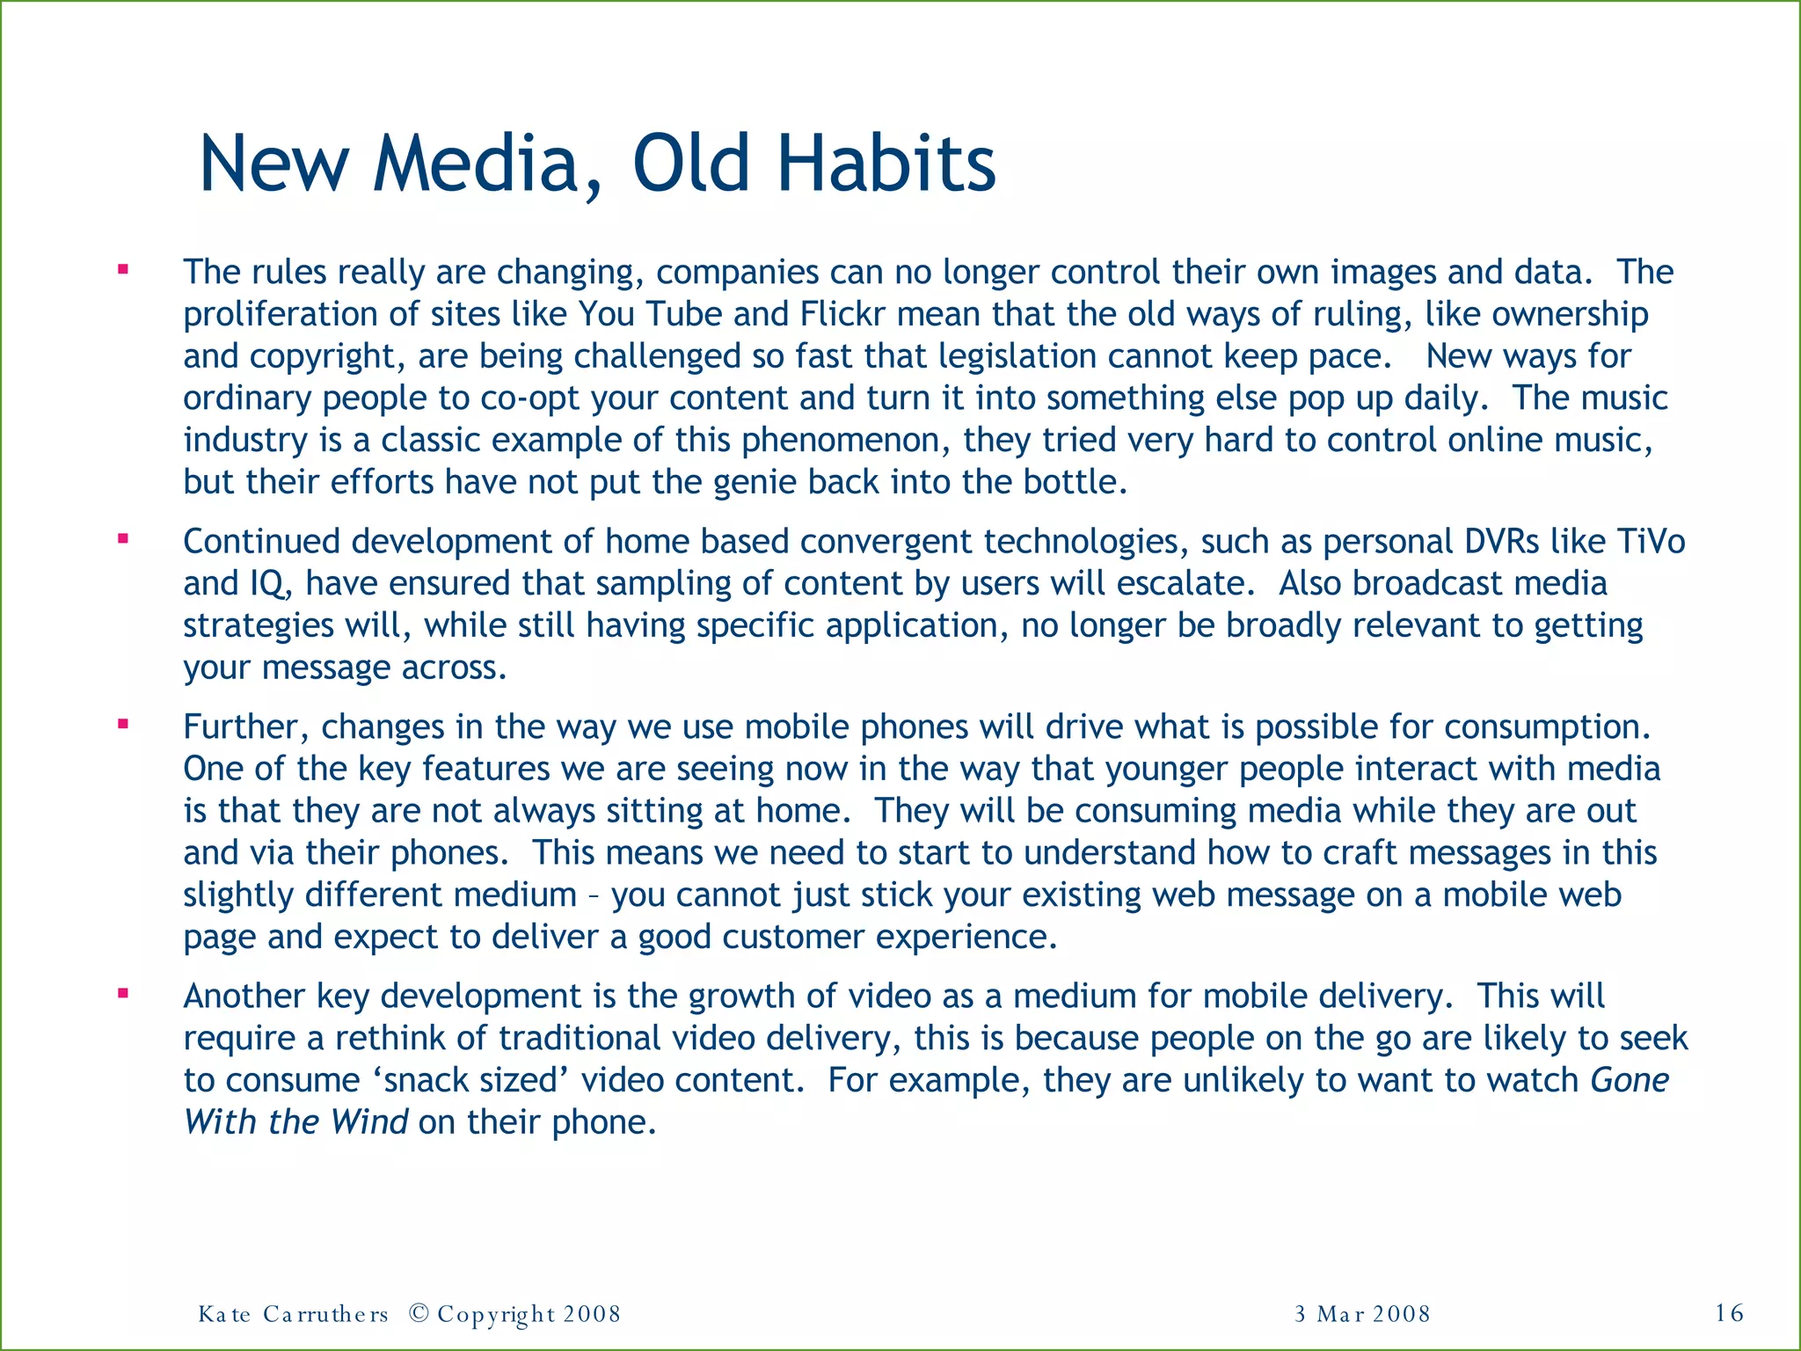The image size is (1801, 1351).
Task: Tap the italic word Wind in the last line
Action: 369,1122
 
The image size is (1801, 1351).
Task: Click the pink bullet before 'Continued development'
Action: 123,539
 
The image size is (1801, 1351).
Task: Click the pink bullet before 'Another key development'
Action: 123,994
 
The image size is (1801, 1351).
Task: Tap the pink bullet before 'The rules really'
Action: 123,270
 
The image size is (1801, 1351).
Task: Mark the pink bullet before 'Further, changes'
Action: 123,725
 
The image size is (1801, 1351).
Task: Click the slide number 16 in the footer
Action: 1729,1313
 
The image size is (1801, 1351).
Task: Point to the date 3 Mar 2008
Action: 1362,1314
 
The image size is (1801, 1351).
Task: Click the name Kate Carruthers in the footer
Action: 293,1314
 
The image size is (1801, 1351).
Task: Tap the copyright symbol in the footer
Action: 419,1313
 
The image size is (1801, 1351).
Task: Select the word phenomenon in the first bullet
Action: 846,441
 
